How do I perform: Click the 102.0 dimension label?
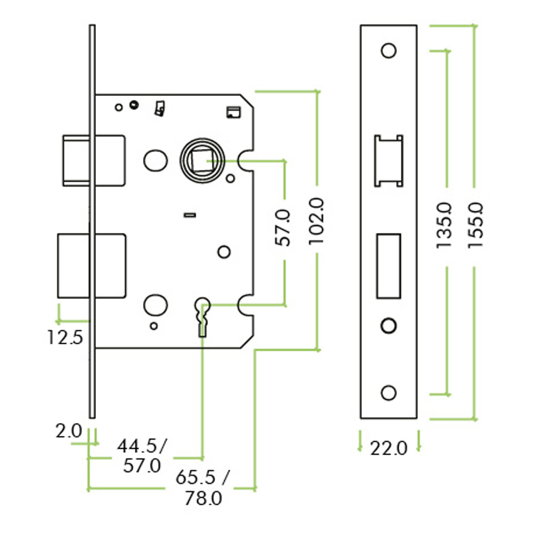coord(317,221)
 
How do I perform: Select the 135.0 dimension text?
coord(445,225)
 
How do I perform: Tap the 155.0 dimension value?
coord(475,225)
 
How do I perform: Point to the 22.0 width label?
coord(389,448)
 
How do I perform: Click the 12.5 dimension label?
coord(65,338)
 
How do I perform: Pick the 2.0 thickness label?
coord(69,432)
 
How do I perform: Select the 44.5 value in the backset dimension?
coord(137,446)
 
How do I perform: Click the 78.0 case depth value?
coord(203,498)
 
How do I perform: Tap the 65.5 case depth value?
coord(196,478)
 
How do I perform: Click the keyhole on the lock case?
coord(203,317)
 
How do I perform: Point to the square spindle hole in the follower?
coord(203,160)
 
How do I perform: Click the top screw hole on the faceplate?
coord(389,51)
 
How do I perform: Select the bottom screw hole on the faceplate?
coord(389,393)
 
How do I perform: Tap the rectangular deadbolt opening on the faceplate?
coord(389,266)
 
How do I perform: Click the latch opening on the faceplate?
coord(389,161)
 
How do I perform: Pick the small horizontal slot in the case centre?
coord(190,215)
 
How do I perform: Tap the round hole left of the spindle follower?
coord(155,160)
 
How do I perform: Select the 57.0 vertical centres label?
coord(283,228)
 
